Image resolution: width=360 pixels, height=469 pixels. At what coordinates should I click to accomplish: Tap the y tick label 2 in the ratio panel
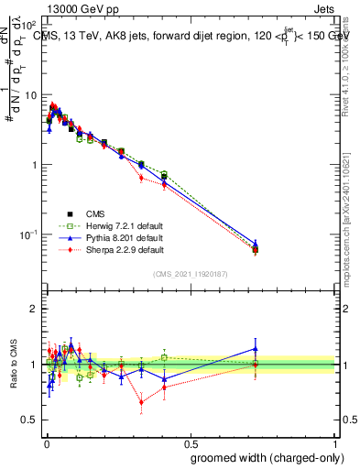pyautogui.click(x=34, y=309)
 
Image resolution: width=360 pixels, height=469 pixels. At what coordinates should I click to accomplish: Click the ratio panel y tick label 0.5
pyautogui.click(x=30, y=420)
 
